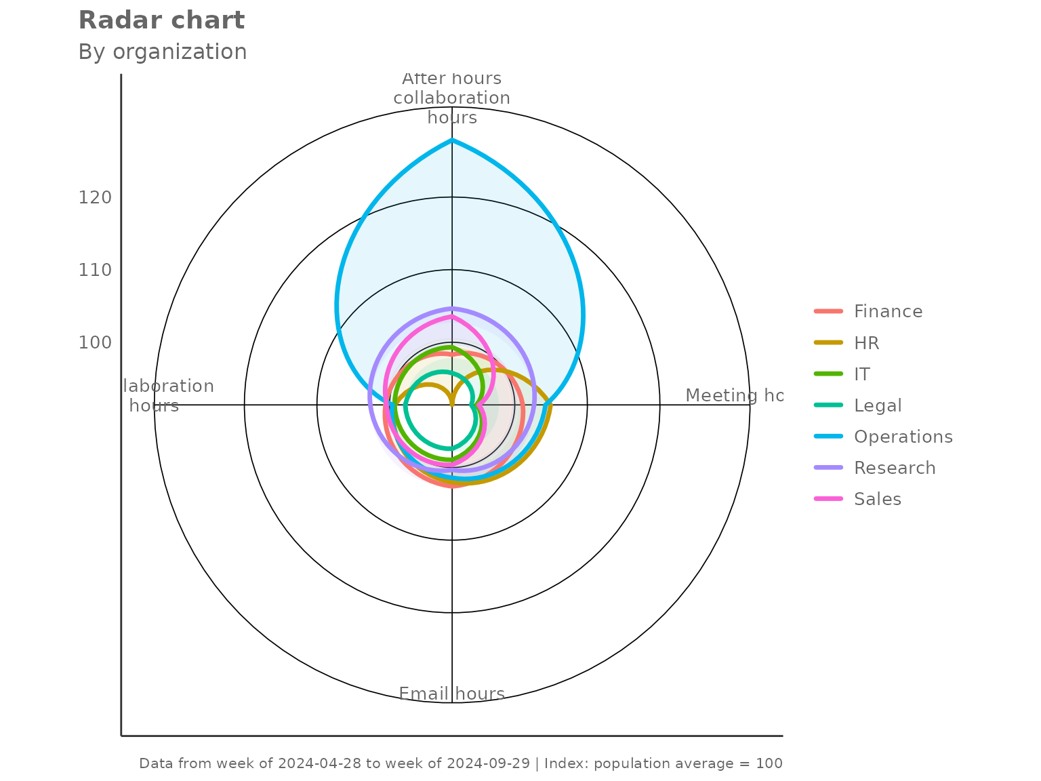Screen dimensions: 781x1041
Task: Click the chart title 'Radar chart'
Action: click(161, 20)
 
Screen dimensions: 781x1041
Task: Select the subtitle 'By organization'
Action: click(163, 52)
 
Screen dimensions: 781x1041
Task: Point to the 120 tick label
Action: click(95, 197)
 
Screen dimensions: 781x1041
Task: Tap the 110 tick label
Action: click(95, 270)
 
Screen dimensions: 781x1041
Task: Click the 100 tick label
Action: click(95, 342)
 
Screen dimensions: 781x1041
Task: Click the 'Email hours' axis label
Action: click(451, 694)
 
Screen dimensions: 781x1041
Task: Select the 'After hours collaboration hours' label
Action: click(451, 98)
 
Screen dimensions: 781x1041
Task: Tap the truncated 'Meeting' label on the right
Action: click(733, 395)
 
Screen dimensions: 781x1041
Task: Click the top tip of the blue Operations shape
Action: click(452, 139)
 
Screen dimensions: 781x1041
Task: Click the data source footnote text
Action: click(461, 763)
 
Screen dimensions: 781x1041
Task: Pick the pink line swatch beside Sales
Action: click(828, 499)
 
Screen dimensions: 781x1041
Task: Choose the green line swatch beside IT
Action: click(828, 374)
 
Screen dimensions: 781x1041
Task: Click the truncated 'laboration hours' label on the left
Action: click(167, 396)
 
